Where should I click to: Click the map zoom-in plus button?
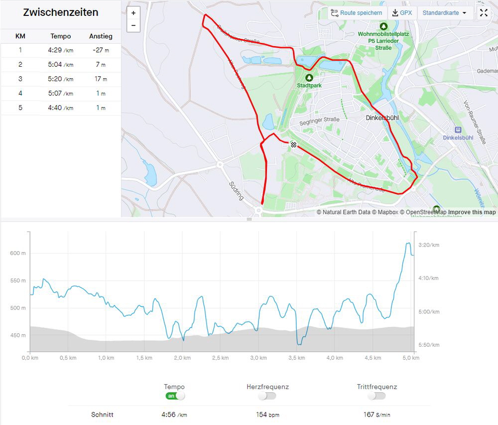pyautogui.click(x=133, y=13)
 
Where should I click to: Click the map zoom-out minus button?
pyautogui.click(x=133, y=25)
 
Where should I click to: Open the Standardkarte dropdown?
pyautogui.click(x=445, y=13)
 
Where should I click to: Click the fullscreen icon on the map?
pyautogui.click(x=484, y=13)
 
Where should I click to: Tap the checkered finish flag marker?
pyautogui.click(x=294, y=144)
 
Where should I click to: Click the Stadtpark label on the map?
pyautogui.click(x=309, y=85)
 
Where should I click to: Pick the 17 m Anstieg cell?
pyautogui.click(x=101, y=79)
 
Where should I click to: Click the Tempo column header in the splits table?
pyautogui.click(x=61, y=36)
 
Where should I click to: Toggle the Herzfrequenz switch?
pyautogui.click(x=267, y=396)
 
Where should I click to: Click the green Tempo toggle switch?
pyautogui.click(x=175, y=396)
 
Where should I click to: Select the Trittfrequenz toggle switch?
pyautogui.click(x=377, y=396)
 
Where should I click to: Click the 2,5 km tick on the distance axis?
pyautogui.click(x=220, y=358)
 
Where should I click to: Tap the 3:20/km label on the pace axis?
pyautogui.click(x=429, y=245)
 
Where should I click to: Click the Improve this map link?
pyautogui.click(x=472, y=212)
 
